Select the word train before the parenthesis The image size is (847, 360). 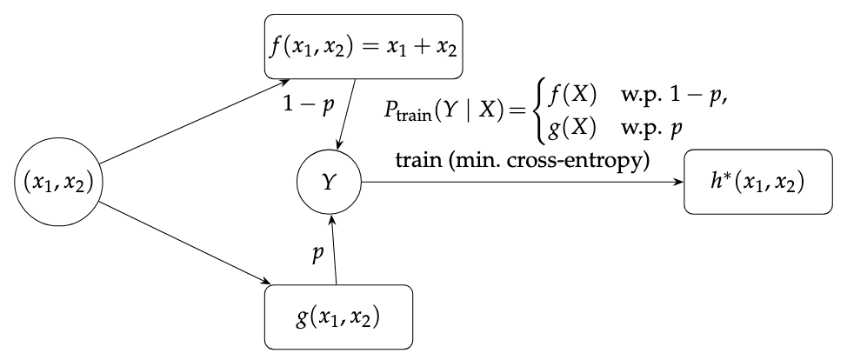[x=419, y=163]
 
